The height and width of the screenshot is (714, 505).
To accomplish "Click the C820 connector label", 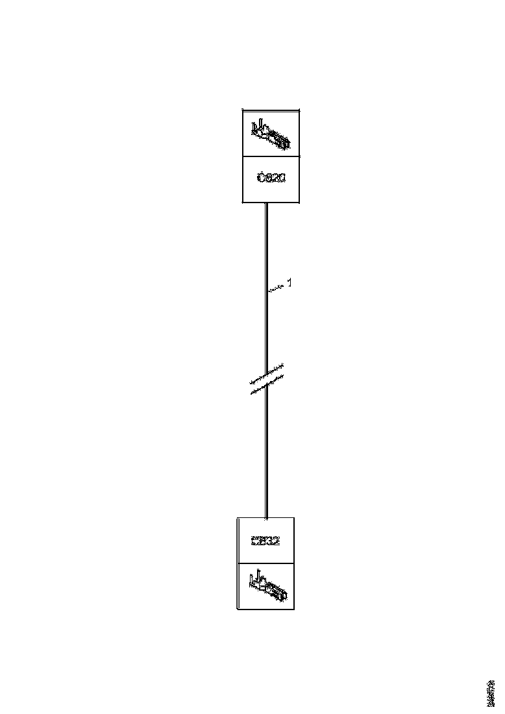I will point(271,178).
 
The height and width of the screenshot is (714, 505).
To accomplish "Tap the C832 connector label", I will point(265,540).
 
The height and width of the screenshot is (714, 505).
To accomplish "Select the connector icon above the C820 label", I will point(271,133).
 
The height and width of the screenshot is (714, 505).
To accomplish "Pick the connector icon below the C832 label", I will point(267,585).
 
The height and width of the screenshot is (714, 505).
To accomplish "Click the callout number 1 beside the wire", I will point(289,282).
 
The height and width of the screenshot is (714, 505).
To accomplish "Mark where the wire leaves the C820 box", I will point(266,203).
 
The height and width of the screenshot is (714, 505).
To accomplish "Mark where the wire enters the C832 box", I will point(266,517).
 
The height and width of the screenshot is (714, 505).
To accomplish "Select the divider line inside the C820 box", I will point(271,156).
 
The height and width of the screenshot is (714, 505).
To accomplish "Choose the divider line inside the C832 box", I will point(265,563).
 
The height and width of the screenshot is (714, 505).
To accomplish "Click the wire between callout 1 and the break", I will point(266,331).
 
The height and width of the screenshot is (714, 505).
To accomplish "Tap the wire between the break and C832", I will point(266,454).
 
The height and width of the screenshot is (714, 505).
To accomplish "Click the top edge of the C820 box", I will point(271,110).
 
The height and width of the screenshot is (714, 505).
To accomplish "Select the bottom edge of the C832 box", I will point(265,609).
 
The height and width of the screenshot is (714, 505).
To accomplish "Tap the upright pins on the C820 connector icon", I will point(258,123).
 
